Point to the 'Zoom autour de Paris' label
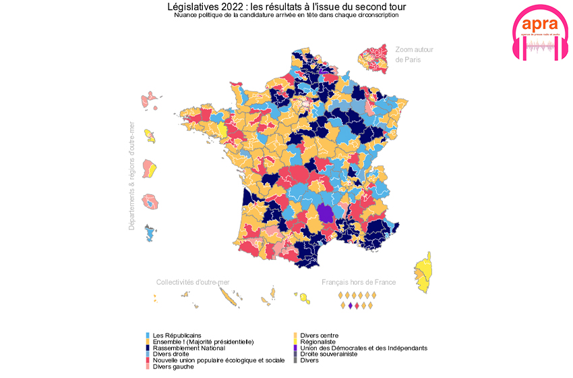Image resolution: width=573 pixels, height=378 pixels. (414, 54)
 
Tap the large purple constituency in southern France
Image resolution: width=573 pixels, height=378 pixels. (326, 213)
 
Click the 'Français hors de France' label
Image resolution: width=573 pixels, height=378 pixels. (359, 282)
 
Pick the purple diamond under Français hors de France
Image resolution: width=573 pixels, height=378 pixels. (350, 306)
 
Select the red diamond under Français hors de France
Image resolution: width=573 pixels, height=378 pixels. (357, 306)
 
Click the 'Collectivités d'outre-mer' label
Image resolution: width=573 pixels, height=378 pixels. (198, 282)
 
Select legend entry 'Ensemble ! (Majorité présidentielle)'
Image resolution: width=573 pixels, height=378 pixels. (202, 342)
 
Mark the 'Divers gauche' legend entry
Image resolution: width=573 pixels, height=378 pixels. (173, 366)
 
